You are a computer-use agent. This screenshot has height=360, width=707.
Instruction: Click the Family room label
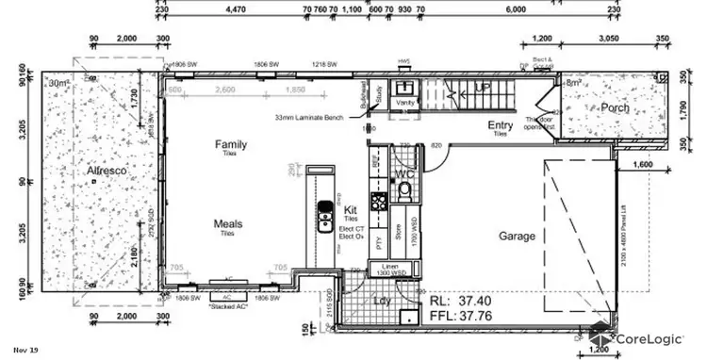point(231,144)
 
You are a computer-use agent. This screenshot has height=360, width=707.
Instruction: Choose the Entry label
point(500,126)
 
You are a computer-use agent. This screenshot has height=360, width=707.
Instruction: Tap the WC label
point(405,174)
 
